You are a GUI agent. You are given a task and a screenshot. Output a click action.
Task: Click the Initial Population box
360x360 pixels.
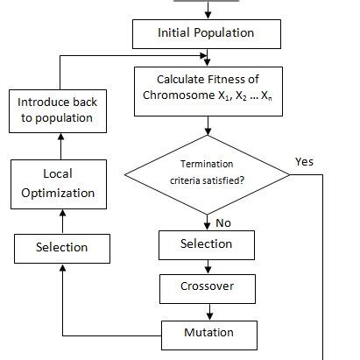206,33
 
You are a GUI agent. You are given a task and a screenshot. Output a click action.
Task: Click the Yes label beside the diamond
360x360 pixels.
305,161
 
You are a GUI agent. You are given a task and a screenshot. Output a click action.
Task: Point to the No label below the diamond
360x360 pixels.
223,222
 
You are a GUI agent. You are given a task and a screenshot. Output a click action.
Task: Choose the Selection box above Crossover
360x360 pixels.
206,244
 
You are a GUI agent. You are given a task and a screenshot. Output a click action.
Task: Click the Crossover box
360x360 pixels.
206,287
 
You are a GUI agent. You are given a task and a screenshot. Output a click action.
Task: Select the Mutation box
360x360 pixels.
208,333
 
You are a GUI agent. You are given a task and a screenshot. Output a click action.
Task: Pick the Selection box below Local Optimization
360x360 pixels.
61,248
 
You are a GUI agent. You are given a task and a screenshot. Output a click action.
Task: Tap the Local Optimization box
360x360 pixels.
57,184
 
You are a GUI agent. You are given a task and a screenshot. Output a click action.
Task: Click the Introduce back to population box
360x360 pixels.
57,109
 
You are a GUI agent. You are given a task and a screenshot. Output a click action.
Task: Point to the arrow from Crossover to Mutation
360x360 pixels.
207,311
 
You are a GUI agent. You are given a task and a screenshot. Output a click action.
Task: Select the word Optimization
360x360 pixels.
57,193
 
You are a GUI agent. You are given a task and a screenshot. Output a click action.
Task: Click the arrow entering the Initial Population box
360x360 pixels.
207,9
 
